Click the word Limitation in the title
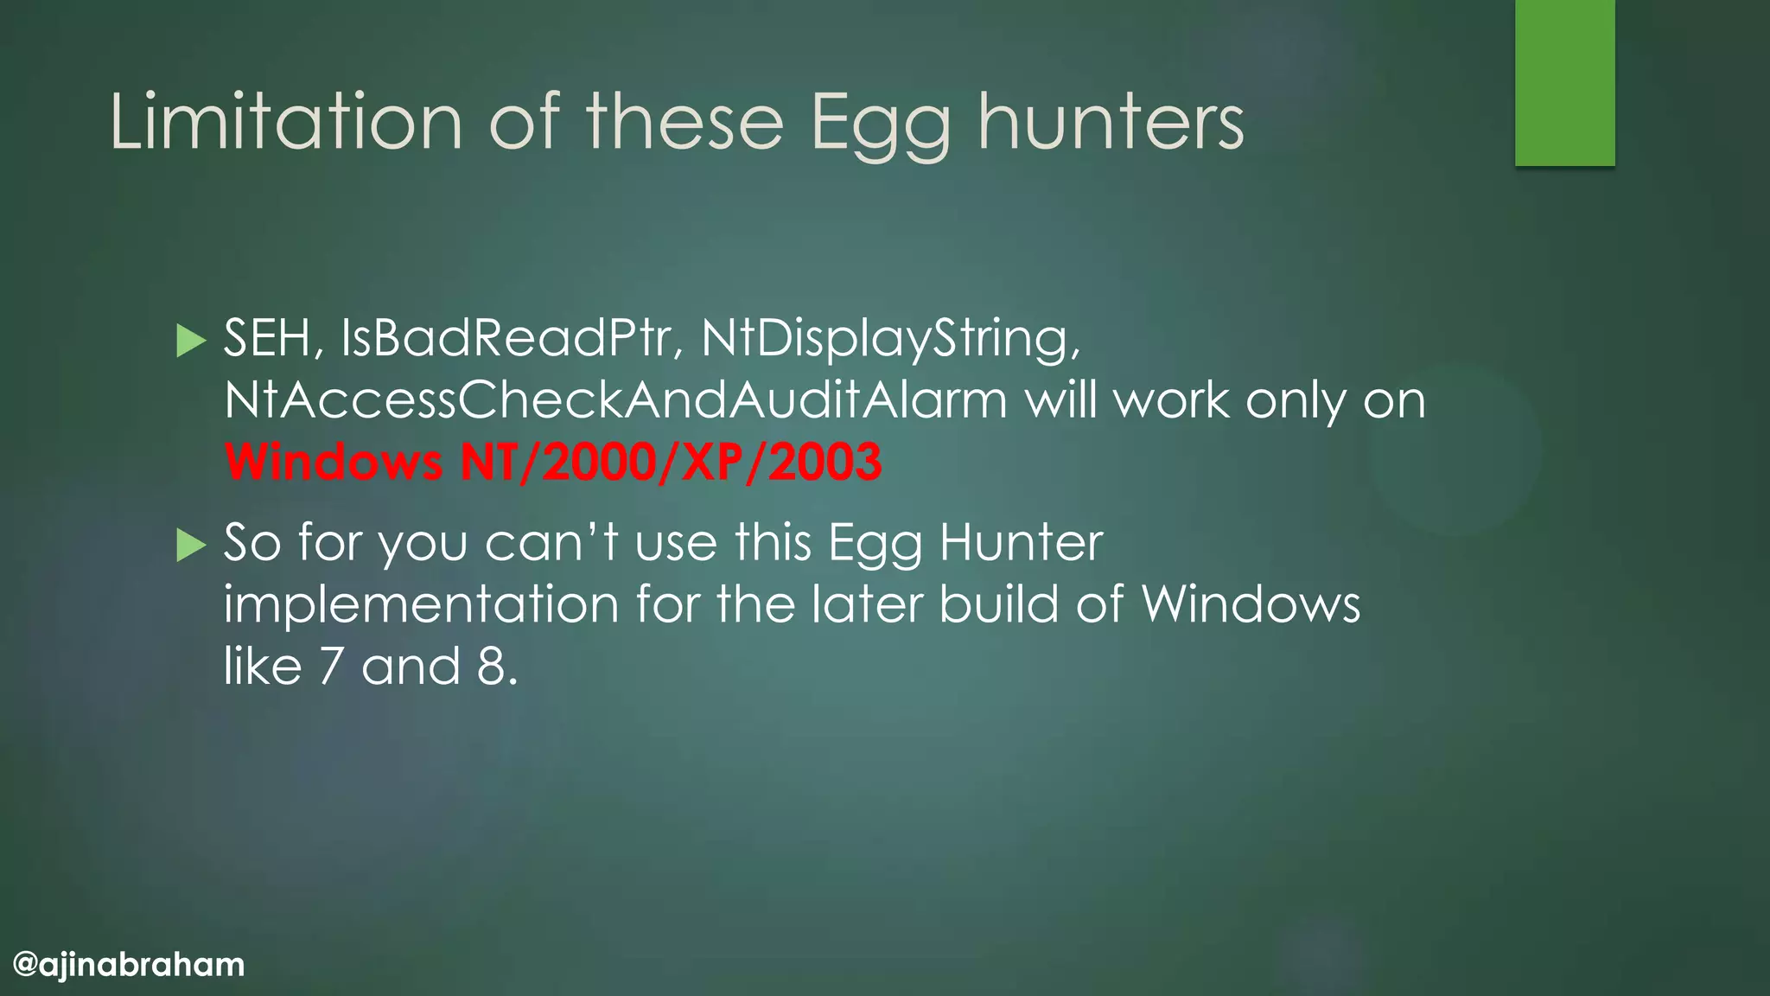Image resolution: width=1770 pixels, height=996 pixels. coord(286,122)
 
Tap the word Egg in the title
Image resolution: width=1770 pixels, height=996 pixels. coord(880,125)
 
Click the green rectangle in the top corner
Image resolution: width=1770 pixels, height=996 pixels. coord(1564,82)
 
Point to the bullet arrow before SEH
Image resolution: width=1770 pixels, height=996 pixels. coord(191,341)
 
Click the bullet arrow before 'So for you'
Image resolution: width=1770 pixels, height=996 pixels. coord(191,545)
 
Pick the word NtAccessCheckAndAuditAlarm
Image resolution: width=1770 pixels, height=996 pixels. coord(615,400)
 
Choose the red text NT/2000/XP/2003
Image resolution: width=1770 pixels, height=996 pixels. coord(671,462)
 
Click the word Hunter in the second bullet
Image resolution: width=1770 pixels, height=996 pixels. coord(1021,543)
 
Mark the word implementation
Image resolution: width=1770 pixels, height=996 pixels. coord(421,604)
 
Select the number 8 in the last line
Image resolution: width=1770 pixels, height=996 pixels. coord(492,666)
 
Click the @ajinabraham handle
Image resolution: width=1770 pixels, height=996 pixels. coord(130,964)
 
